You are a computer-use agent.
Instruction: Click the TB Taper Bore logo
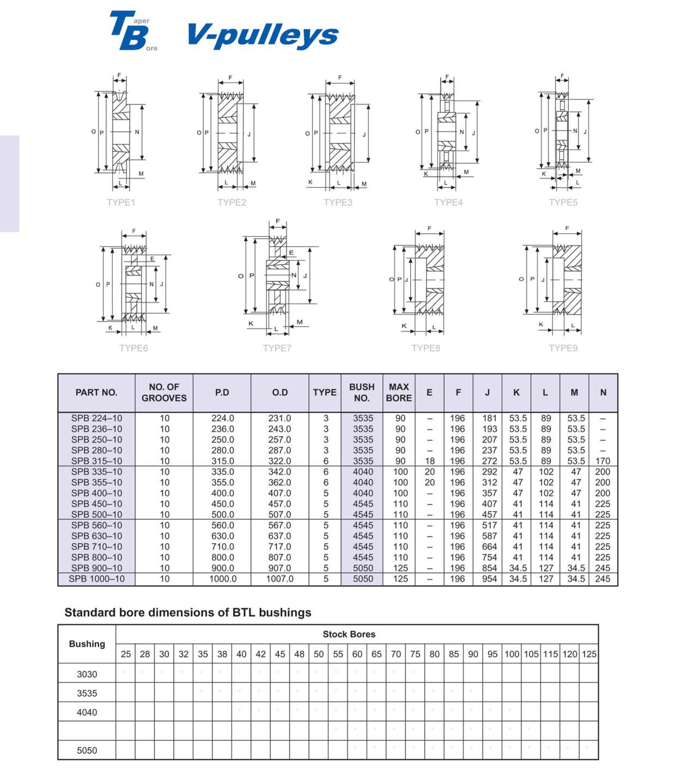click(133, 31)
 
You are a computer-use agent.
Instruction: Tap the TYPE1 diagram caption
click(121, 203)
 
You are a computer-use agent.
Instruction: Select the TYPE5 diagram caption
click(563, 203)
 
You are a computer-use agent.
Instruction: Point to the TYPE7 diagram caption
click(277, 348)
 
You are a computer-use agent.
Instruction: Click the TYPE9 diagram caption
click(563, 348)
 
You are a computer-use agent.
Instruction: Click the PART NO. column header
click(96, 393)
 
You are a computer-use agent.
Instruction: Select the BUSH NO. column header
click(362, 393)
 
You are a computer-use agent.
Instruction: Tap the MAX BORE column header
click(399, 393)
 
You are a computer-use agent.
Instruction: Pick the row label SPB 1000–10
click(96, 579)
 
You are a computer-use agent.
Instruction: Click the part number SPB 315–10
click(96, 461)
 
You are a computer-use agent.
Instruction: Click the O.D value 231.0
click(279, 418)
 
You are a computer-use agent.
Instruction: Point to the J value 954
click(489, 579)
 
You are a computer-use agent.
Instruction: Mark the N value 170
click(603, 461)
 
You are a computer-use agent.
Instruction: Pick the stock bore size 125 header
click(589, 654)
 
